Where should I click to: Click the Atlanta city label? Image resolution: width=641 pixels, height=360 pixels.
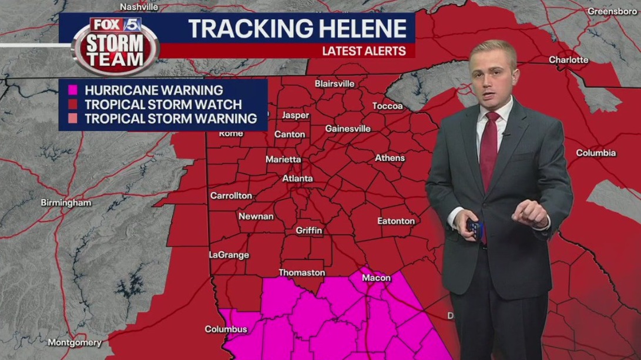coord(297,179)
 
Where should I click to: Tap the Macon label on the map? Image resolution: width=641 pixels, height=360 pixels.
coord(376,278)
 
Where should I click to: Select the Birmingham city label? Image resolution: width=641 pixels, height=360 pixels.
coord(66,203)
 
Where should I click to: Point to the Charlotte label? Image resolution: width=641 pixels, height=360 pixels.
coord(568,60)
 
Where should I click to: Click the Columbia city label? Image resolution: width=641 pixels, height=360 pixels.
coord(596,153)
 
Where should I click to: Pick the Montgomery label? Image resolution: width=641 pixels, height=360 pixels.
coord(75,342)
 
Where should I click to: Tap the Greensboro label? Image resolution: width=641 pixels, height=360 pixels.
coord(613,11)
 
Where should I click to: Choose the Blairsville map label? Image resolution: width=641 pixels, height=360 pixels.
coord(334,83)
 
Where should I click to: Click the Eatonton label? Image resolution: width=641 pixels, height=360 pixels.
coord(395,221)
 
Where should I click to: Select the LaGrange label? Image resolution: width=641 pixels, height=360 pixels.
coord(229,255)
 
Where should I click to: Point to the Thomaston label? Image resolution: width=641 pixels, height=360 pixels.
coord(301,272)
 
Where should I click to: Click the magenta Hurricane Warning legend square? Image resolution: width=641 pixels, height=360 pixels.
coord(73,90)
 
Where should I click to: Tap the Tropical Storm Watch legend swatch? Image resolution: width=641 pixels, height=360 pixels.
coord(73,105)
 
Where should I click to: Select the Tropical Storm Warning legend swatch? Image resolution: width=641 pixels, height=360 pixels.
coord(73,119)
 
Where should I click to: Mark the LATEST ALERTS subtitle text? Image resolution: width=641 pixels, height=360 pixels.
coord(364,51)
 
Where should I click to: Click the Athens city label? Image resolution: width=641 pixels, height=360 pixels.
coord(390,158)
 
